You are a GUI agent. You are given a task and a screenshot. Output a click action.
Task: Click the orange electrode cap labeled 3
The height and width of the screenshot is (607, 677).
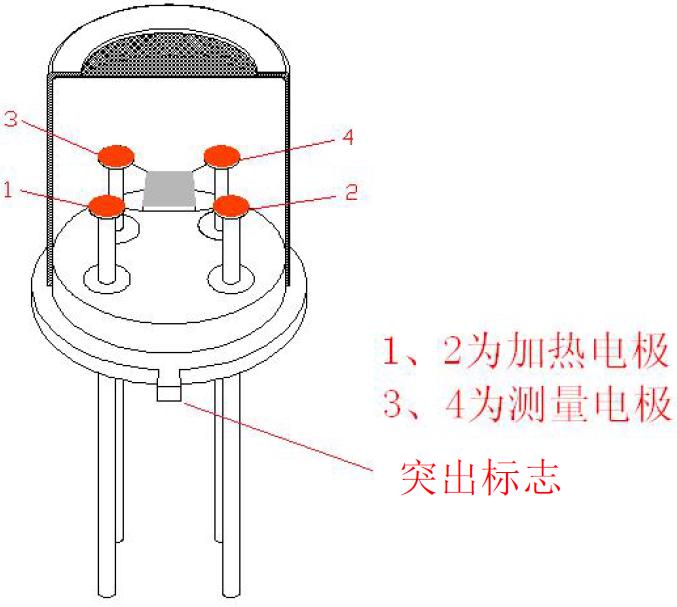116,155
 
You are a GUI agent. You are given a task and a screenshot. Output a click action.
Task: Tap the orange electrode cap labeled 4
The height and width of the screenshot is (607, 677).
221,154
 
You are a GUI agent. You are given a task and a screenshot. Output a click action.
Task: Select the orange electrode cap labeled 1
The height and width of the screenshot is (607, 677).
106,206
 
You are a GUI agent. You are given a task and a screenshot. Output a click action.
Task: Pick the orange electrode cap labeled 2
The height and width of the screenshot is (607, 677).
231,207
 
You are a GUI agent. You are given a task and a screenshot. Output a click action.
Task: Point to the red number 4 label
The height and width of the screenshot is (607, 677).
347,137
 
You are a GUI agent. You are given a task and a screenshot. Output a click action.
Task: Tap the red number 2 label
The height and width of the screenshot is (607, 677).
350,192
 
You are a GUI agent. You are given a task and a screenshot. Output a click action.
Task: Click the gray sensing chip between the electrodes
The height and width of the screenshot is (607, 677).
168,189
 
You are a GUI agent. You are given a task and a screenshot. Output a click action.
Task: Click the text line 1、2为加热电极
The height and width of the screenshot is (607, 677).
524,352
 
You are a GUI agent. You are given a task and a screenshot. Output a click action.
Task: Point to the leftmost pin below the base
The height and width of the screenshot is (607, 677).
109,480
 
